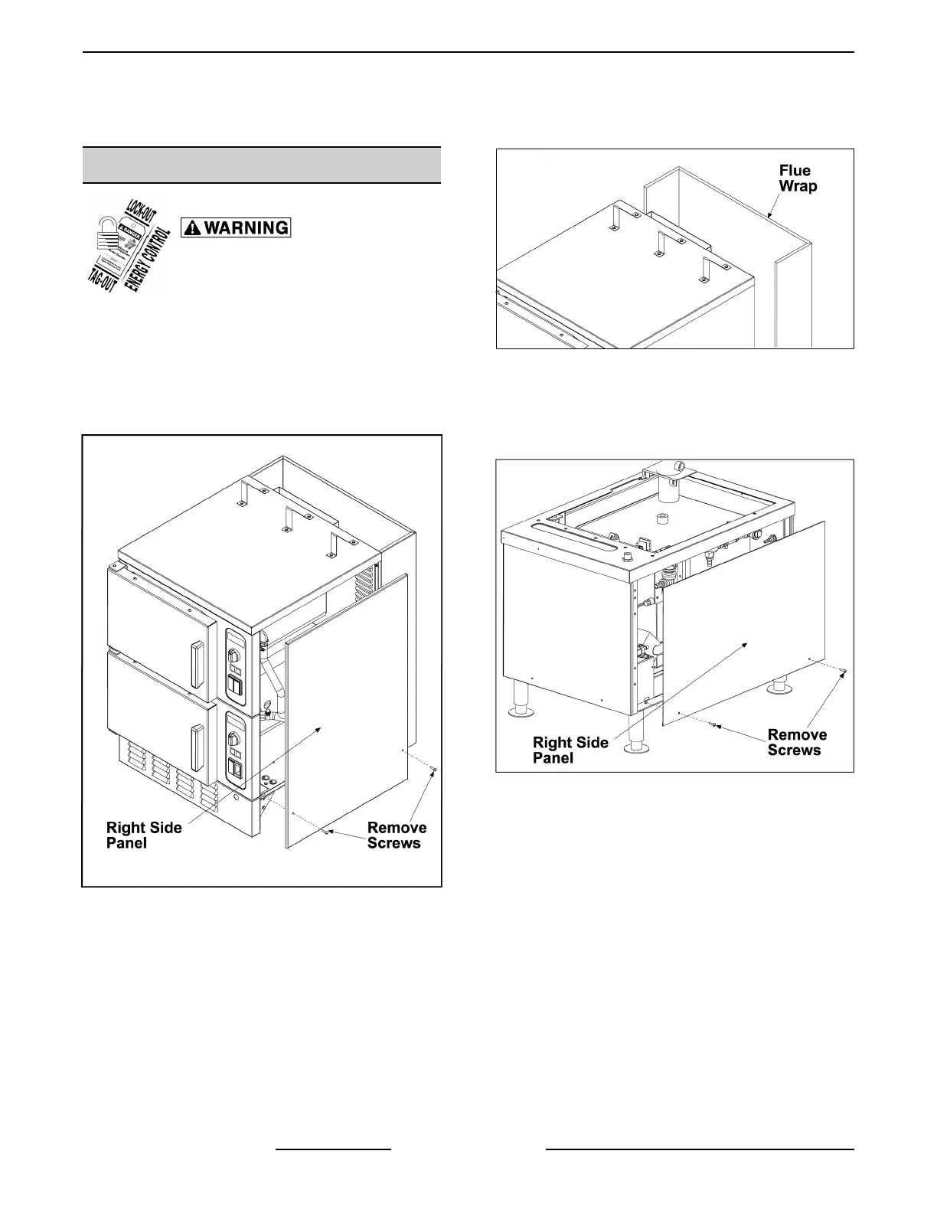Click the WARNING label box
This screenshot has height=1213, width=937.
(235, 227)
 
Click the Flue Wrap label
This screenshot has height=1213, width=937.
(796, 178)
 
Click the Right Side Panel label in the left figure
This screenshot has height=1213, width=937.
(143, 835)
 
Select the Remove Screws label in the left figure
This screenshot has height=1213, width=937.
(397, 835)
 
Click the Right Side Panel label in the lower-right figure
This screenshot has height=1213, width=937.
(570, 750)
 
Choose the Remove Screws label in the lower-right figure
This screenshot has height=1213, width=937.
(797, 742)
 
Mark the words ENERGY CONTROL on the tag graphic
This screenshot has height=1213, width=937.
(151, 249)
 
